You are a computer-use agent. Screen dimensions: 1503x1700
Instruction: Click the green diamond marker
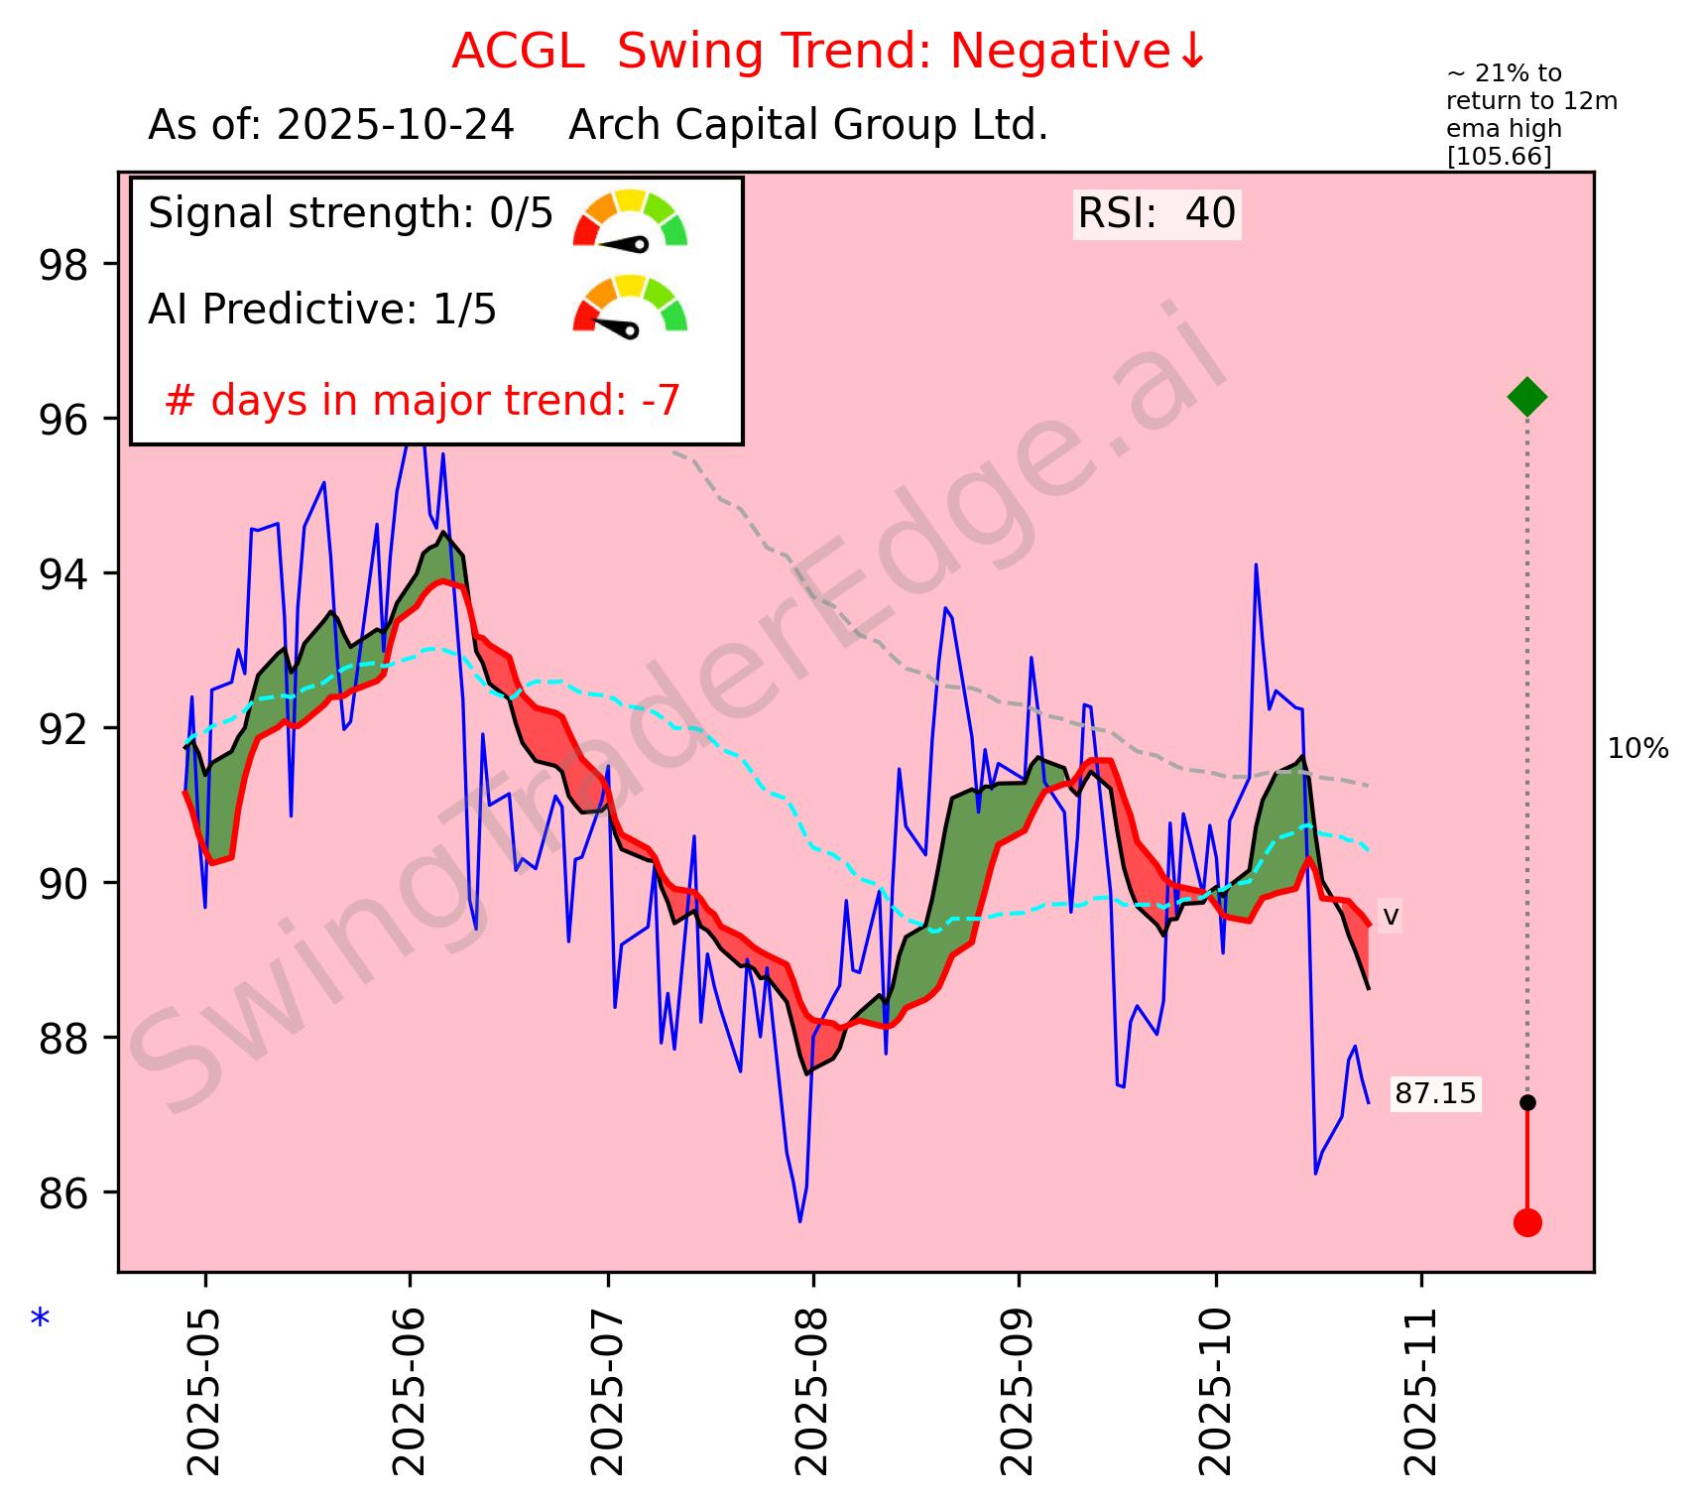click(x=1526, y=397)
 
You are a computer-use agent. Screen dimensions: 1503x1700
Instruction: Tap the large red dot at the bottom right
click(x=1527, y=1222)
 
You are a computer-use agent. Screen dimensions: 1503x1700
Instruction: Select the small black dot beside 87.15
click(x=1527, y=1102)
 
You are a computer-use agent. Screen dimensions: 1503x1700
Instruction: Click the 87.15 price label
click(x=1434, y=1094)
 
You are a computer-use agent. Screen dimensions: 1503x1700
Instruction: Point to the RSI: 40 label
click(x=1156, y=214)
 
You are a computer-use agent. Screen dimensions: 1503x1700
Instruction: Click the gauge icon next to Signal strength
click(x=630, y=218)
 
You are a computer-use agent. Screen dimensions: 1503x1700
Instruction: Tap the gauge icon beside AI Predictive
click(x=630, y=308)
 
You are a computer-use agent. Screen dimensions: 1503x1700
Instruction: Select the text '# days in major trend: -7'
click(x=423, y=401)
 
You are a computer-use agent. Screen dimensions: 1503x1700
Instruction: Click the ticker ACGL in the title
click(x=517, y=52)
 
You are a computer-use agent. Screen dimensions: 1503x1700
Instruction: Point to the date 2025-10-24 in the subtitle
click(x=395, y=126)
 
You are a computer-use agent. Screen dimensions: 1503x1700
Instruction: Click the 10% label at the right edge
click(x=1638, y=750)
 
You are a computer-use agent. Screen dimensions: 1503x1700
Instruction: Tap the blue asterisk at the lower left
click(x=40, y=1320)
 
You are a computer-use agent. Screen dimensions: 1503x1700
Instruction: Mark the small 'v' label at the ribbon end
click(x=1391, y=916)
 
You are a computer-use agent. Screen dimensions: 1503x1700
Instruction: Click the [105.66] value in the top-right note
click(x=1499, y=157)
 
